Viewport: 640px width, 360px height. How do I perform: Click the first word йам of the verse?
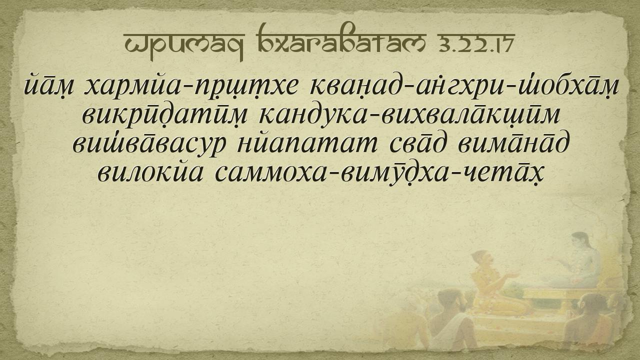pyautogui.click(x=48, y=85)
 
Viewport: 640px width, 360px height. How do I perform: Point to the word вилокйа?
pyautogui.click(x=150, y=172)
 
